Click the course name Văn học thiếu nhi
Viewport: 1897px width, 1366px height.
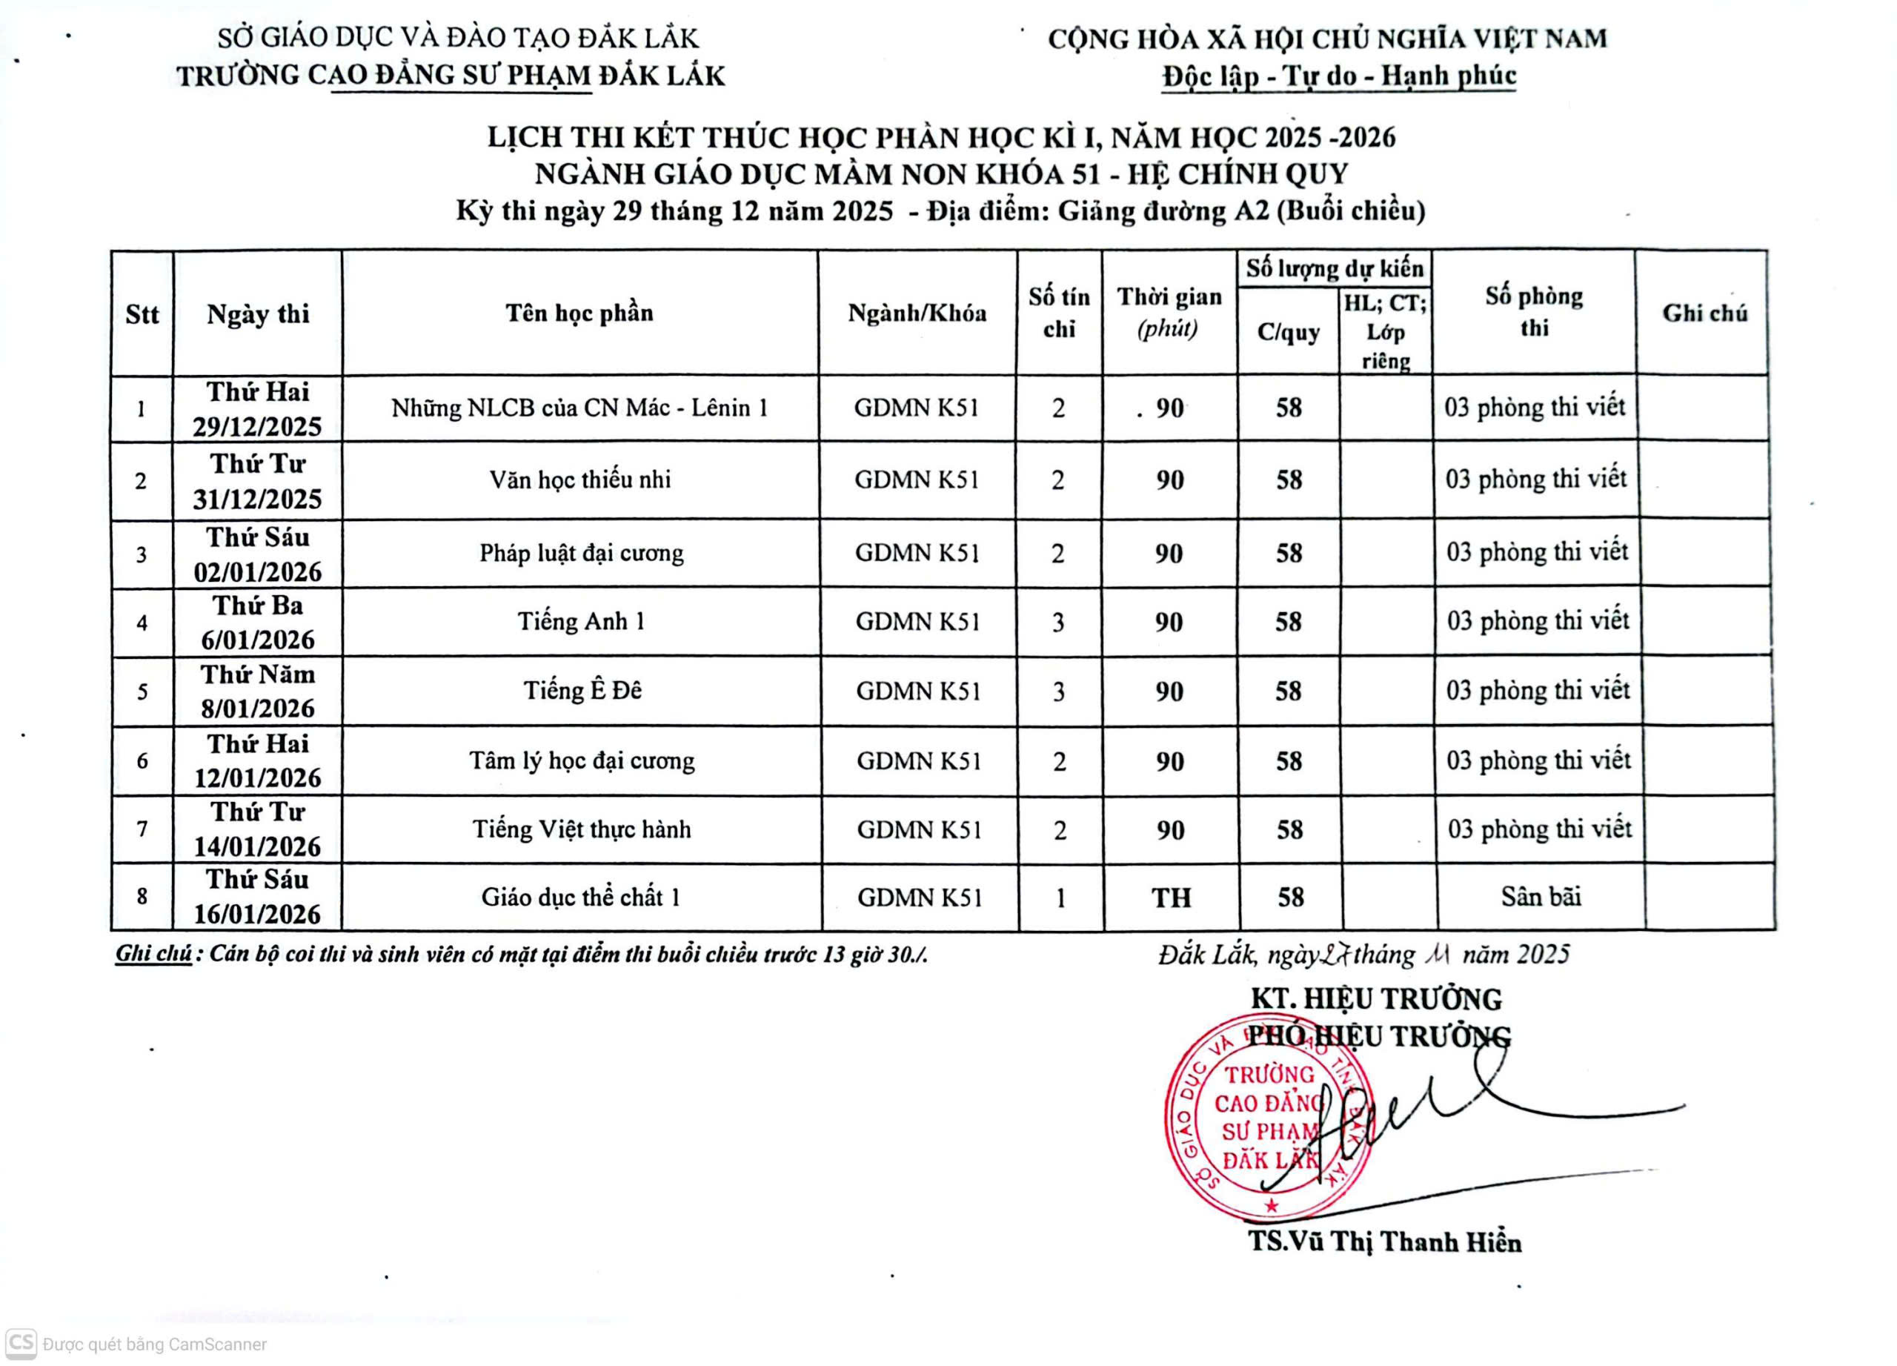coord(579,480)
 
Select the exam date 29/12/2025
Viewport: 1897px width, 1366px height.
coord(257,427)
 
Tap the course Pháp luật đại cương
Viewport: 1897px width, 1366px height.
coord(581,553)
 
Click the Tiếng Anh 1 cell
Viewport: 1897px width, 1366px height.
coord(581,622)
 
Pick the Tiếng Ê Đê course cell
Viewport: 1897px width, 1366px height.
coord(582,690)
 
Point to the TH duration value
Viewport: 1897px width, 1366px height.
coord(1170,898)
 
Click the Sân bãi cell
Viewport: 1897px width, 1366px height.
coord(1541,897)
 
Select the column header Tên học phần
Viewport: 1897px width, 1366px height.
coord(579,313)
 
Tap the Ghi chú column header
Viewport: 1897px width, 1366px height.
coord(1704,313)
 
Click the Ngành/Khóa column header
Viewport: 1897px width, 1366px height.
coord(917,313)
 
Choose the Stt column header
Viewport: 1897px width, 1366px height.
coord(142,314)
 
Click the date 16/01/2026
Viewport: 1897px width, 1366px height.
coord(257,913)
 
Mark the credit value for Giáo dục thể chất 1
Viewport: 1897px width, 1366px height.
coord(1060,898)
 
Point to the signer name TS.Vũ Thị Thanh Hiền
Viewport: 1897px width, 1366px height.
coord(1384,1242)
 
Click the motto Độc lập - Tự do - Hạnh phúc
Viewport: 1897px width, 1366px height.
coord(1338,76)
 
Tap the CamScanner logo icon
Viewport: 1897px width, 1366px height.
coord(21,1344)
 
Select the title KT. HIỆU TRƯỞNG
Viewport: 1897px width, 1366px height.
coord(1376,999)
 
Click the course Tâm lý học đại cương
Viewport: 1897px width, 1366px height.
coord(581,760)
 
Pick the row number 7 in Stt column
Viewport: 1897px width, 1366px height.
coord(142,829)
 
